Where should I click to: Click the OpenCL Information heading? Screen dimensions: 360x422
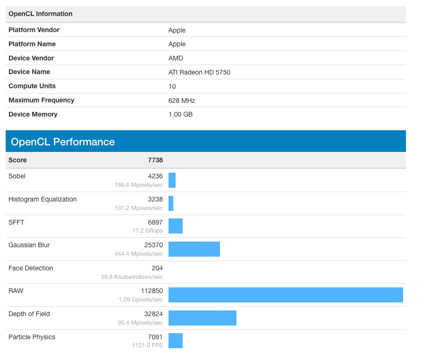41,14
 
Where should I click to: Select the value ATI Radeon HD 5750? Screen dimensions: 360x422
199,72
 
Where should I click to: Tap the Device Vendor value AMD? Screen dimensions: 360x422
176,58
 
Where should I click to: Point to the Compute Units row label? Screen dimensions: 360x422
32,86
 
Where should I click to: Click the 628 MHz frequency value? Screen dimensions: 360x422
182,100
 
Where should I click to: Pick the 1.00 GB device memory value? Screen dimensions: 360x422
180,114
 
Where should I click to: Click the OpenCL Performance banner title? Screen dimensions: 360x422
63,142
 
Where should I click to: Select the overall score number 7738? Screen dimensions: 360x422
155,160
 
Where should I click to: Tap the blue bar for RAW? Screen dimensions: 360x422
286,294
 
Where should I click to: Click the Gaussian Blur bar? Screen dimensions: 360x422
194,249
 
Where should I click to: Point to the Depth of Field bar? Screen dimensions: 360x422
202,318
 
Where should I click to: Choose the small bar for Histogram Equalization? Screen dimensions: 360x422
171,203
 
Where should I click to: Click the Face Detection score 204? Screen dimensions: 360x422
157,268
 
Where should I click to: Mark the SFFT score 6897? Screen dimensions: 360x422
154,222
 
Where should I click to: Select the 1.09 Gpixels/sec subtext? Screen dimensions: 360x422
141,300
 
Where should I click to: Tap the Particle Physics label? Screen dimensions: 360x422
32,337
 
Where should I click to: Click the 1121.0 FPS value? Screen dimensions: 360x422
147,345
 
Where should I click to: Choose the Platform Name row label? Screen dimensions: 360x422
32,44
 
